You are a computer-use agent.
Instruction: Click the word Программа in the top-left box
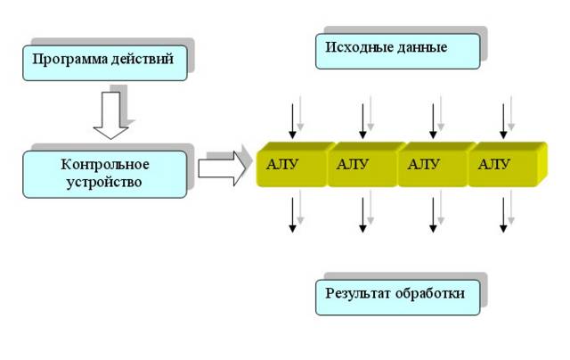point(69,60)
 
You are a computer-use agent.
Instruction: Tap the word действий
point(142,59)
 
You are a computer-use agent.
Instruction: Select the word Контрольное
point(105,164)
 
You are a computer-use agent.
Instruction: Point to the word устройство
point(104,182)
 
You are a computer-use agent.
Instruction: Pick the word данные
point(422,47)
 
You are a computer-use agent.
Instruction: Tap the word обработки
point(429,293)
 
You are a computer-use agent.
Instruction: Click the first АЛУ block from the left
point(292,165)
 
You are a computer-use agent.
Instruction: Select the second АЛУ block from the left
point(362,165)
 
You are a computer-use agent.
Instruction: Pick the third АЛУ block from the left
point(433,165)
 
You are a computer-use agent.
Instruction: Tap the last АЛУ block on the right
point(508,165)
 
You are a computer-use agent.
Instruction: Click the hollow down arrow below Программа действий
point(110,115)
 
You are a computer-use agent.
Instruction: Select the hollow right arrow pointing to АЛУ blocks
point(222,168)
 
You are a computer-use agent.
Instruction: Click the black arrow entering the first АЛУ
point(292,121)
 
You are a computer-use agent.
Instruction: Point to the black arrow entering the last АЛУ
point(503,121)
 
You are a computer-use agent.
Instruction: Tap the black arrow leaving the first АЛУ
point(292,215)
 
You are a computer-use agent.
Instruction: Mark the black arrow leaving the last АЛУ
point(503,215)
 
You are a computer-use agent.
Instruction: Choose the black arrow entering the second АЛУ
point(362,121)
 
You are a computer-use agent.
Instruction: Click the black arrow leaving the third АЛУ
point(433,215)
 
